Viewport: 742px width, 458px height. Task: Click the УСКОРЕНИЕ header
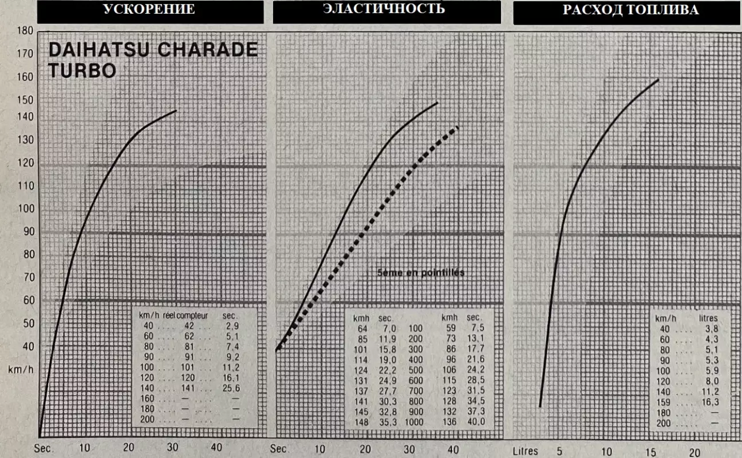point(149,10)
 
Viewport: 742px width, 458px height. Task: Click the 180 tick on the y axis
point(25,31)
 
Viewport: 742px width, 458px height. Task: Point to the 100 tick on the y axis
point(25,209)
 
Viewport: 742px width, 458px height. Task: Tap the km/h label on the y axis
point(21,369)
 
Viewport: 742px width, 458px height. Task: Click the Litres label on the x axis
point(525,451)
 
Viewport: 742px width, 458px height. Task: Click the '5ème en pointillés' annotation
point(421,273)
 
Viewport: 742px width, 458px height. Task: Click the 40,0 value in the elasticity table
point(475,421)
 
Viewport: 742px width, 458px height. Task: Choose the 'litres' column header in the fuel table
point(708,318)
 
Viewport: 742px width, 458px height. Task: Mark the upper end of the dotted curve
point(458,128)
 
